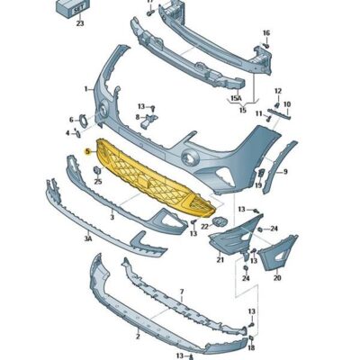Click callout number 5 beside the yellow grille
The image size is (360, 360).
[x=87, y=153]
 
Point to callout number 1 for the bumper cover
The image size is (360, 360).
[x=86, y=88]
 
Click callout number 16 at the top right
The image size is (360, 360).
[x=265, y=33]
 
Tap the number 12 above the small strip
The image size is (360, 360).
[x=277, y=91]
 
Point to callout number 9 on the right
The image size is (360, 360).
[x=284, y=171]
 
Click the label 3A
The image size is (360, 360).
[x=87, y=240]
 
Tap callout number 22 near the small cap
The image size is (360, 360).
[x=205, y=227]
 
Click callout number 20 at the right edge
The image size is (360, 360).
[x=276, y=277]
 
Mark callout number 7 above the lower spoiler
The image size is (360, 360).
[x=181, y=292]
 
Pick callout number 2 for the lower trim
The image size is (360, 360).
[x=137, y=335]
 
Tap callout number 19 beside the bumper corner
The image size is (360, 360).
[x=258, y=185]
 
